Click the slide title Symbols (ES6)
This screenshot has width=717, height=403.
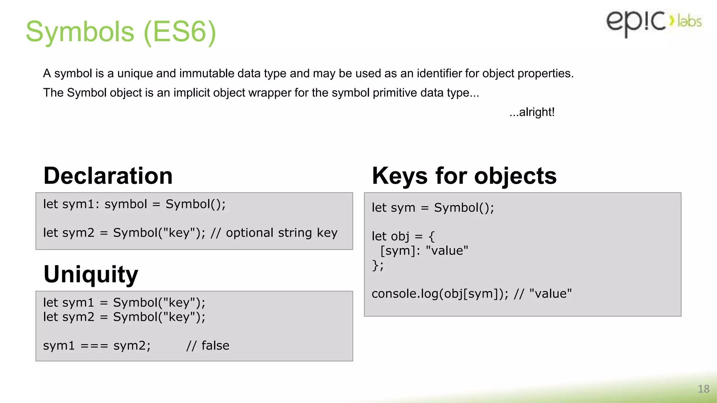tap(121, 32)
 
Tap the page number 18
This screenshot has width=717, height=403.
tap(703, 389)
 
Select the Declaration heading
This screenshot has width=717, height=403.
tap(108, 176)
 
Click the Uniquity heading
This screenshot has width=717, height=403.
tap(91, 274)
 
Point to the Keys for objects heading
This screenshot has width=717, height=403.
tap(464, 176)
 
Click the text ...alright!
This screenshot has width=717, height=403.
tap(532, 112)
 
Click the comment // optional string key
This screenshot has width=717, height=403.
tap(274, 233)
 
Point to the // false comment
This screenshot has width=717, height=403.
tap(208, 346)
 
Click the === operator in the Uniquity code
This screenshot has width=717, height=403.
tap(94, 346)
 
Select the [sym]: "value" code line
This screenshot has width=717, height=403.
tap(424, 251)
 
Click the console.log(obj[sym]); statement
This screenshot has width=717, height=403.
tap(440, 294)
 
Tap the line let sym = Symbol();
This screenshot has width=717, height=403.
tap(433, 208)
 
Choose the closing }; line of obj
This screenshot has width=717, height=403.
tap(377, 265)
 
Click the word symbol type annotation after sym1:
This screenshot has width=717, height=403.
tap(126, 204)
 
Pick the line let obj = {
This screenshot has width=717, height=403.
tap(403, 236)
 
